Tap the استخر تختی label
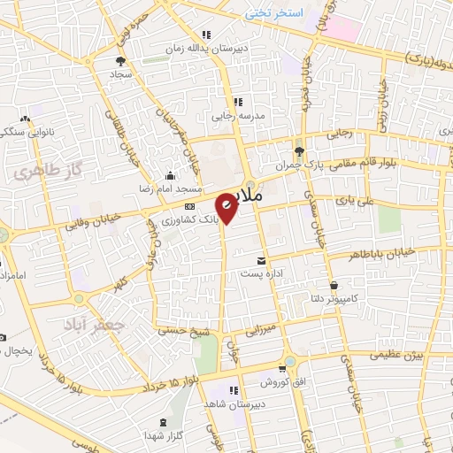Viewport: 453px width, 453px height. point(274,13)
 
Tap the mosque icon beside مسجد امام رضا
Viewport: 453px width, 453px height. point(170,175)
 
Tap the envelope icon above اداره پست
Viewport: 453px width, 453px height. point(261,260)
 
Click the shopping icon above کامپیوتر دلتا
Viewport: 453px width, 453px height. point(335,285)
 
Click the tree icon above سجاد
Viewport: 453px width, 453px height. point(119,61)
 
